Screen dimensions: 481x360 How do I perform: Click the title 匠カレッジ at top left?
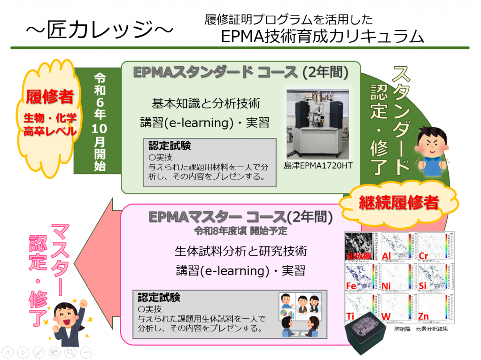coord(100,30)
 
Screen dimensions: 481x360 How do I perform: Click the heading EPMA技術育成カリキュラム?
coord(322,37)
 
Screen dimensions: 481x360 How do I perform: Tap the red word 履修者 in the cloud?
coord(50,97)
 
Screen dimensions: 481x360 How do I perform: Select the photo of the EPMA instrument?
coord(318,124)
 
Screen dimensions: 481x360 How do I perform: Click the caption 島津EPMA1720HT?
coord(318,166)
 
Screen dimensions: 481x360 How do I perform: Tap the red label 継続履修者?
coord(399,203)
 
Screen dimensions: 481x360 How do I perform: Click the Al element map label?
coord(387,256)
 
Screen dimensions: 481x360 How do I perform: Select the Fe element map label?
coord(351,286)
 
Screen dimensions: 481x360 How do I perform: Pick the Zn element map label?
coord(423,316)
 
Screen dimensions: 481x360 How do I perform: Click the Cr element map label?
coord(423,256)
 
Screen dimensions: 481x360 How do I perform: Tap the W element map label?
coord(386,316)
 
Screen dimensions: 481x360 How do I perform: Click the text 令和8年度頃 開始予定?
coord(241,231)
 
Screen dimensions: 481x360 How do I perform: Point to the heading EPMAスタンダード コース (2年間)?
coord(241,72)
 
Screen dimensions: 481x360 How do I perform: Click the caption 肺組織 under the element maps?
coord(402,329)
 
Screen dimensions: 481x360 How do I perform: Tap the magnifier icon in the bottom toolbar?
coord(70,352)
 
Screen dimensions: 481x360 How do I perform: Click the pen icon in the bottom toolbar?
coord(39,352)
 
